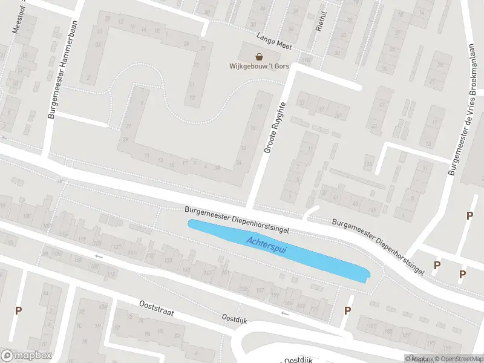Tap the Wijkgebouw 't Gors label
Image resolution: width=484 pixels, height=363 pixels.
point(259,67)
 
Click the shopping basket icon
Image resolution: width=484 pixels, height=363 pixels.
point(259,57)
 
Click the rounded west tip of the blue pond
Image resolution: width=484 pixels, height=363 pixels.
point(191,224)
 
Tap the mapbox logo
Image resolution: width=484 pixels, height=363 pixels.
point(25,356)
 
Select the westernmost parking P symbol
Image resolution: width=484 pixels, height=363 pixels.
point(18,310)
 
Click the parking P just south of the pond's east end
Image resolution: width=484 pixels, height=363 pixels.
point(347,310)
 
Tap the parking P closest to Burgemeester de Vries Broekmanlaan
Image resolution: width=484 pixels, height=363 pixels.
point(469,215)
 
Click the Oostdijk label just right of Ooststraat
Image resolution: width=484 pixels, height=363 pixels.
point(235,318)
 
